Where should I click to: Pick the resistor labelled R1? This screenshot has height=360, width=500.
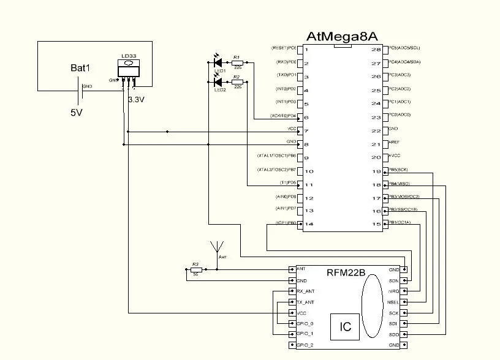point(237,62)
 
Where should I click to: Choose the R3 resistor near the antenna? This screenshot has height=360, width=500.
point(195,269)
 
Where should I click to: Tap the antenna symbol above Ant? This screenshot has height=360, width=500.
point(216,247)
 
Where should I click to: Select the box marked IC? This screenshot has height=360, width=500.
point(346,327)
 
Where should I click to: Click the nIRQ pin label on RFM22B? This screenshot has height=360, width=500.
point(393,291)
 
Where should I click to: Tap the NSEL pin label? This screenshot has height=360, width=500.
point(393,302)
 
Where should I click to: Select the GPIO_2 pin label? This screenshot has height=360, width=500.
point(305,345)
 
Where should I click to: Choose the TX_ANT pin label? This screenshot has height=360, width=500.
point(306,302)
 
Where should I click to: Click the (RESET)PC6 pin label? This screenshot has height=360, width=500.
point(284,48)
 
